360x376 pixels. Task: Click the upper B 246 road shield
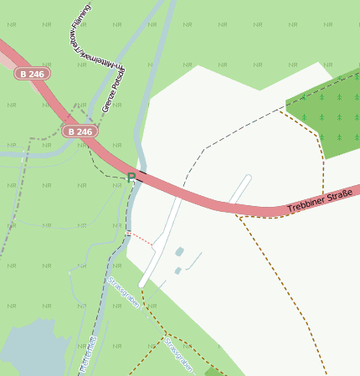[x=32, y=74]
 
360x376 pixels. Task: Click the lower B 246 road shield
[x=80, y=131]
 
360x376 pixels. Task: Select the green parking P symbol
[x=131, y=176]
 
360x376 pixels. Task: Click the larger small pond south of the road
[x=179, y=251]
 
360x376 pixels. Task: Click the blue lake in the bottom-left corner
[x=29, y=348]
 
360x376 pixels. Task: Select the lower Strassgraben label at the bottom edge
[x=178, y=355]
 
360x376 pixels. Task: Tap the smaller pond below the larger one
[x=177, y=270]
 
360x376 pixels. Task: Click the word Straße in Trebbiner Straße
[x=338, y=198]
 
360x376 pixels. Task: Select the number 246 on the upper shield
[x=37, y=74]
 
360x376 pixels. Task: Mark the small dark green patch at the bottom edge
[x=214, y=371]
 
